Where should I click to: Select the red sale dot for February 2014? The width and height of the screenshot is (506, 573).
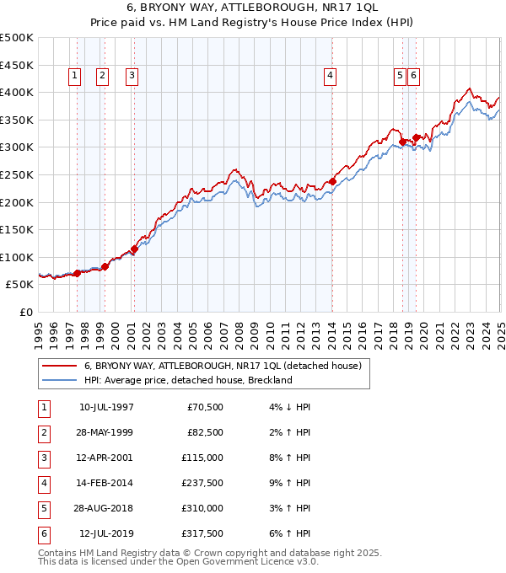pyautogui.click(x=332, y=180)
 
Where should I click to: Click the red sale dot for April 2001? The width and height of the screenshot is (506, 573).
pyautogui.click(x=134, y=249)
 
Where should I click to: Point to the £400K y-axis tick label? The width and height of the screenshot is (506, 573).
pyautogui.click(x=17, y=92)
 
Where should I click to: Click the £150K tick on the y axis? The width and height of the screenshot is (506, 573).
pyautogui.click(x=17, y=229)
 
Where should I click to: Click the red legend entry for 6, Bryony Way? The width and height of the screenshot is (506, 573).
pyautogui.click(x=223, y=366)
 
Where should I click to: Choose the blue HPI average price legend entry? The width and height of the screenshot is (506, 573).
pyautogui.click(x=187, y=380)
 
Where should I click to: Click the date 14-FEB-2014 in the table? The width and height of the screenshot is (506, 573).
pyautogui.click(x=106, y=484)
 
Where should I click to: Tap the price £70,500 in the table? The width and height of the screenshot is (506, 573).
pyautogui.click(x=203, y=407)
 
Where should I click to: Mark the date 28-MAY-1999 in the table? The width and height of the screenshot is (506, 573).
pyautogui.click(x=106, y=432)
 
